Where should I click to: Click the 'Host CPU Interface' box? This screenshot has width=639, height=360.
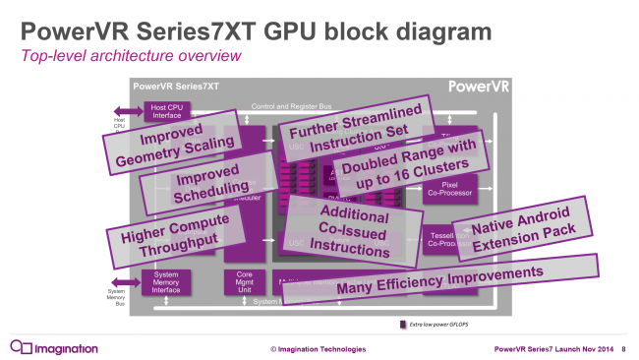(169, 111)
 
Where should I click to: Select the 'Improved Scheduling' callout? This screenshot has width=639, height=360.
(193, 181)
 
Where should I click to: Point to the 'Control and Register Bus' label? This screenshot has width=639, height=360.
(295, 105)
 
